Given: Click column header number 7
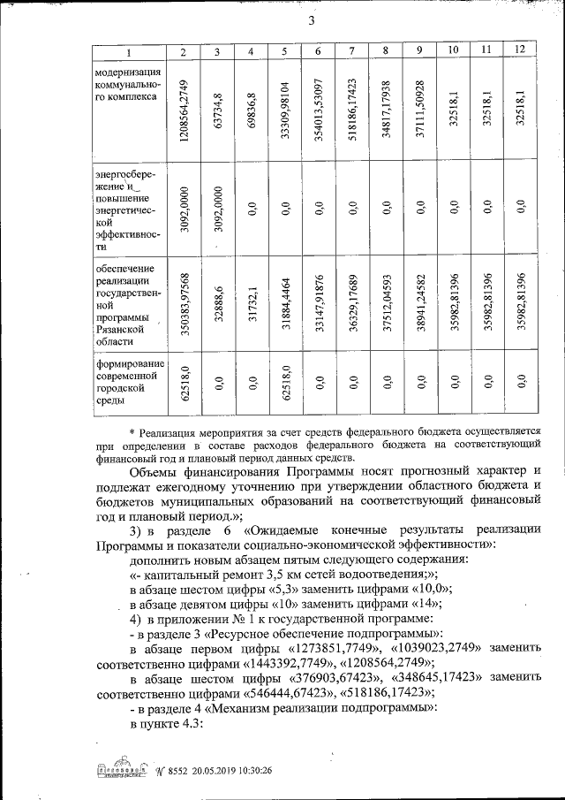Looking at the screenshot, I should coord(351,51).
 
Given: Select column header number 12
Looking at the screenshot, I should coord(521,49).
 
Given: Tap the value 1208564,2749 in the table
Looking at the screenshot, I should coord(183,110).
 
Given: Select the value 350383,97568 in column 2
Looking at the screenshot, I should coord(183,301).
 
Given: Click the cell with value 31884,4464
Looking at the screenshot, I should coord(284,301).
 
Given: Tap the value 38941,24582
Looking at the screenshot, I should coord(419,301).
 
